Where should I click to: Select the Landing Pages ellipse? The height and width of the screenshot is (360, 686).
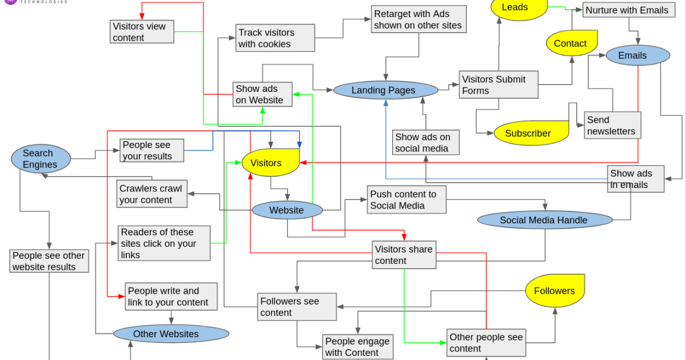coord(385,90)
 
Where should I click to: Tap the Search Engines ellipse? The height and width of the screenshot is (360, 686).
coord(41,159)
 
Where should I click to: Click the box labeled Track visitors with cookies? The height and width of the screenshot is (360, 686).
coord(275,38)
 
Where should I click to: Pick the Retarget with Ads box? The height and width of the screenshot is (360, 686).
coord(418,19)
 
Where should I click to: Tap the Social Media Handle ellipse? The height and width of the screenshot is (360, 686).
coord(544,220)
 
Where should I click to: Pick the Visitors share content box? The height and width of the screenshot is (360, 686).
coord(404,255)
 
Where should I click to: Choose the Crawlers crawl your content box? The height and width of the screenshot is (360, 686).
coord(151,194)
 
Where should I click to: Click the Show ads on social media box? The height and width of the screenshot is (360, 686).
coord(425,142)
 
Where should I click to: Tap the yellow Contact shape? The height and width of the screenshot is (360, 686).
coord(571,43)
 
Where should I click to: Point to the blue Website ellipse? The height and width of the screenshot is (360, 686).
coord(287,210)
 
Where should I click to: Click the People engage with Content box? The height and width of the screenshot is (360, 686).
coord(357,346)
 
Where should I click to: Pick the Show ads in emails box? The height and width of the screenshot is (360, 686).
coord(635,179)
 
